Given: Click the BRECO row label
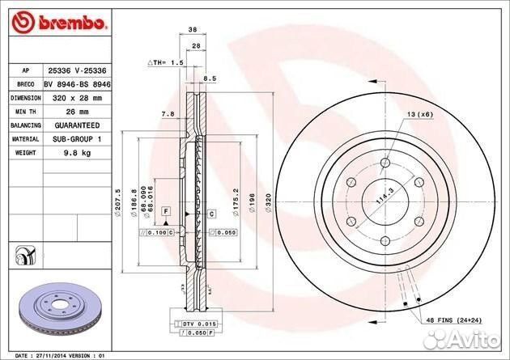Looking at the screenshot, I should [x=24, y=83].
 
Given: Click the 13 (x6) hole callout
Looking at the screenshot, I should [x=420, y=116].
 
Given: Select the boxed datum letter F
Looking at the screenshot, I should [x=165, y=211].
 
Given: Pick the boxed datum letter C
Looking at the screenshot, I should [x=211, y=214].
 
